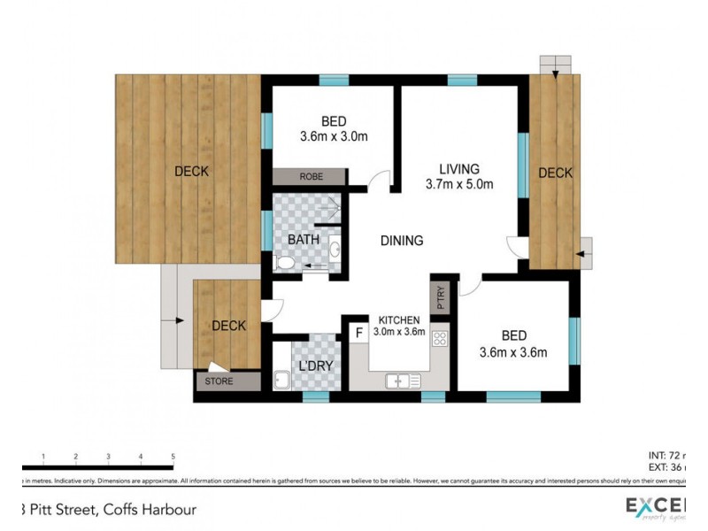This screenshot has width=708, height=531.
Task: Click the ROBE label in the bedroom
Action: (311, 177)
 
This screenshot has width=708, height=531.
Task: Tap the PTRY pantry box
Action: (440, 297)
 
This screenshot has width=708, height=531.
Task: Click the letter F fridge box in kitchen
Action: (358, 334)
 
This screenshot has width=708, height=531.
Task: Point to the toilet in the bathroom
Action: (285, 263)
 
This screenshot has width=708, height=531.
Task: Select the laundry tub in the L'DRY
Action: (282, 381)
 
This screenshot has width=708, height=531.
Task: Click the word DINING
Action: (402, 240)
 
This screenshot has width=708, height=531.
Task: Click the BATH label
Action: (304, 240)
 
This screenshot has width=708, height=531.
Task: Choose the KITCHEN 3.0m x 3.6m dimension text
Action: (403, 326)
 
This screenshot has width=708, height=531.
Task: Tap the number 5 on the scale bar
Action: (173, 457)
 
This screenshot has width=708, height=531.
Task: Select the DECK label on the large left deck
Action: (191, 171)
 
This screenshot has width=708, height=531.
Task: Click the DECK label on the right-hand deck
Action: (556, 173)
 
